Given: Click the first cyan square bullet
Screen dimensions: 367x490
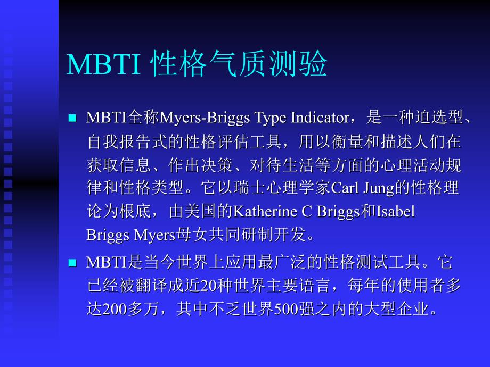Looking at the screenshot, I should pyautogui.click(x=73, y=118).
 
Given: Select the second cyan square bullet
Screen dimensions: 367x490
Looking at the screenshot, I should pyautogui.click(x=73, y=263).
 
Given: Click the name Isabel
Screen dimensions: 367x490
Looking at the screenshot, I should pyautogui.click(x=395, y=212).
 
